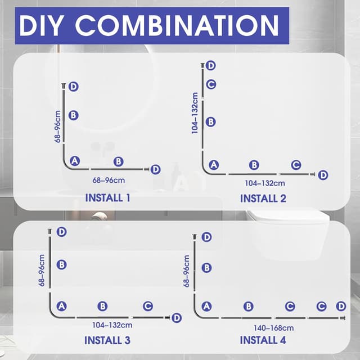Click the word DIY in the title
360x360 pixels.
pos(40,25)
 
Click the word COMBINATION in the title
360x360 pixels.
pos(177,25)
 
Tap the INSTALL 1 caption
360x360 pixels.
pos(107,198)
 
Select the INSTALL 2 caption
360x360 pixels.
pos(263,199)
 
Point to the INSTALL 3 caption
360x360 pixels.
pos(107,340)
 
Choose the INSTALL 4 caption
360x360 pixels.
pos(263,340)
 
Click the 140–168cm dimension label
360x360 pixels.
pos(274,328)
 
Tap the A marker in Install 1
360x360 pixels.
pos(75,161)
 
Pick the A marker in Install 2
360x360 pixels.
pos(214,165)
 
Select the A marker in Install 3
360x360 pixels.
pos(61,306)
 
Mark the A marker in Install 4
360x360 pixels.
pos(206,306)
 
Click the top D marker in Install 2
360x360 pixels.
pos(211,66)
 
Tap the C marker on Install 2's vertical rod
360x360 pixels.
pos(211,84)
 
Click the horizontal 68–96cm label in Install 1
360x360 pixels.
pos(109,181)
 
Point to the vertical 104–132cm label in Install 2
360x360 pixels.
pos(195,113)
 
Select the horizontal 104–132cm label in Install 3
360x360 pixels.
pos(112,325)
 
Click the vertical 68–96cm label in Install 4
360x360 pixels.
pos(186,271)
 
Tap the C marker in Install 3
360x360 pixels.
pos(148,306)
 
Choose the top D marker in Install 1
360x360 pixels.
pos(74,87)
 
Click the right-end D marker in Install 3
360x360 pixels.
pos(177,318)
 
